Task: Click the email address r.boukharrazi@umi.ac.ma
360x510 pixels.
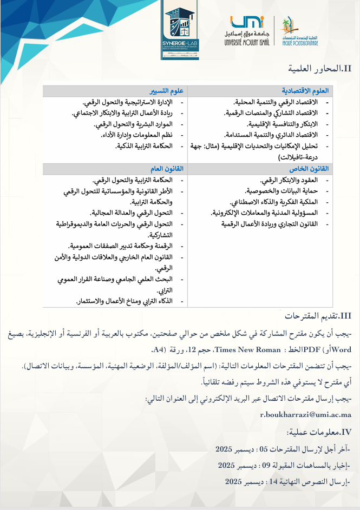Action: click(306, 414)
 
